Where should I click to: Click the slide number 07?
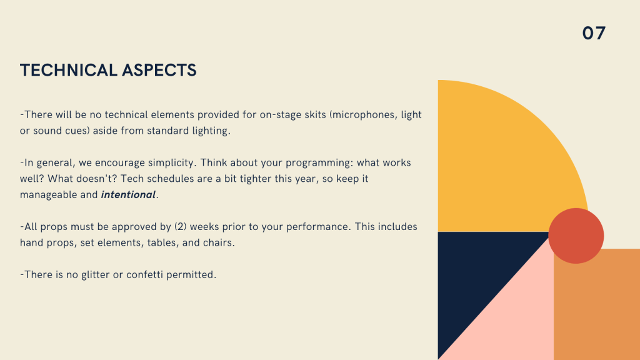594,34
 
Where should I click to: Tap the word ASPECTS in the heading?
159,70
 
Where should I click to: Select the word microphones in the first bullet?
364,115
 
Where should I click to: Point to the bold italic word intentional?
128,195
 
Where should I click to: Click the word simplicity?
172,163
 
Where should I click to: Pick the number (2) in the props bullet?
181,227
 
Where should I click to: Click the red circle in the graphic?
576,236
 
